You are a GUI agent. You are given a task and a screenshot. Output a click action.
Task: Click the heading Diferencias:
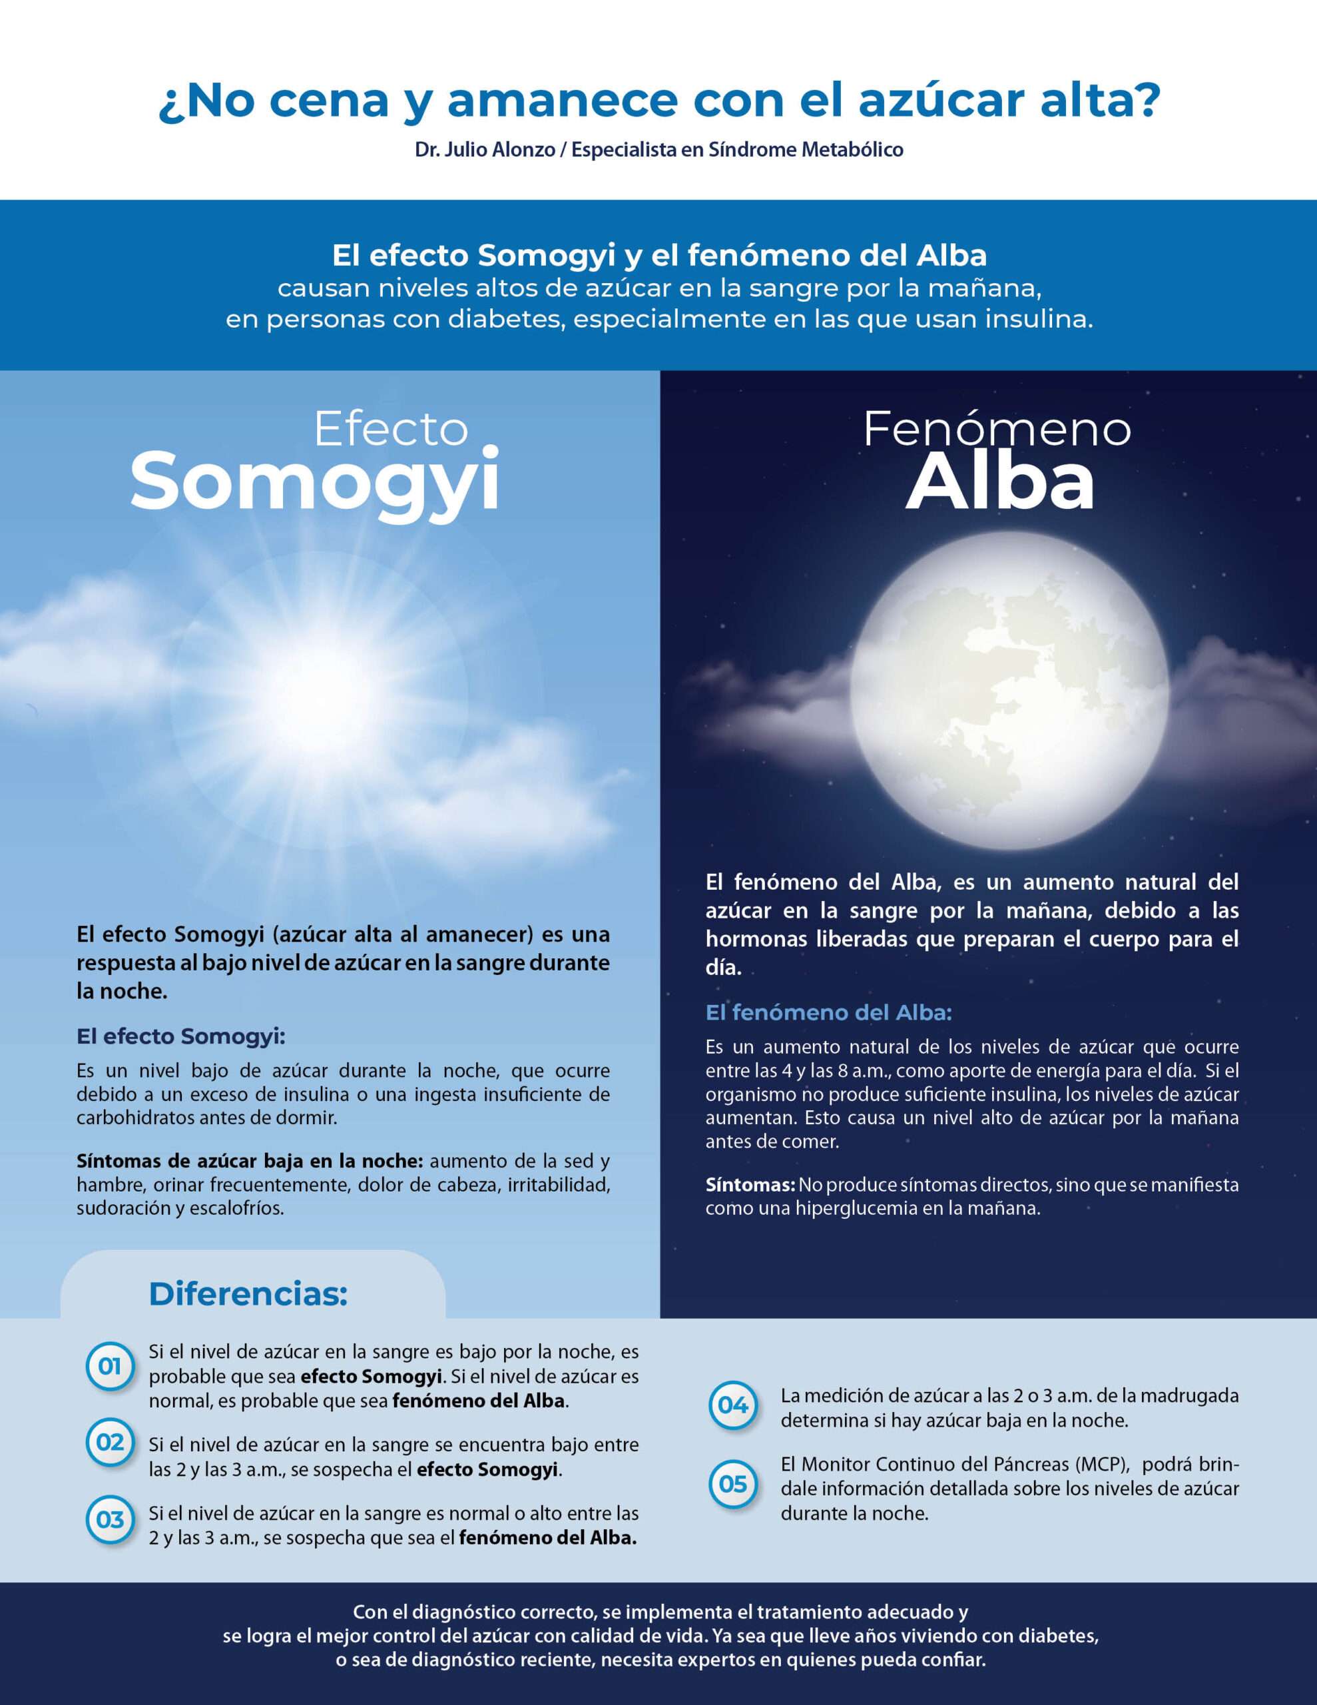(248, 1293)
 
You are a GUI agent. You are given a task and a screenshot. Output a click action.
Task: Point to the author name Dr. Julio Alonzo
(484, 150)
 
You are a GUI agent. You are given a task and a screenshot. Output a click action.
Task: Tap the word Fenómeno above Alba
(996, 430)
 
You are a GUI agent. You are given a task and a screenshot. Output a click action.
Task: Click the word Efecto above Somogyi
(390, 430)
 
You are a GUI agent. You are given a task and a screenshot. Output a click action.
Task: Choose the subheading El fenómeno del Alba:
(828, 1012)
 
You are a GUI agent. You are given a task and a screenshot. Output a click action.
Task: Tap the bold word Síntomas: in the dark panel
(750, 1184)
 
